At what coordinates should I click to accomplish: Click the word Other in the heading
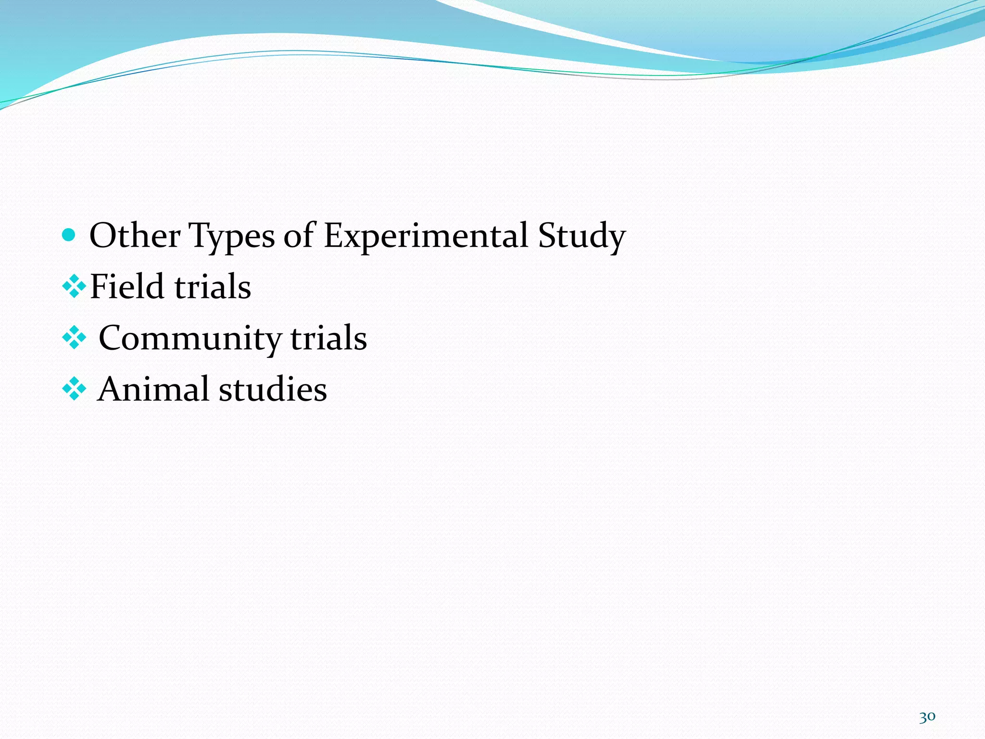point(135,236)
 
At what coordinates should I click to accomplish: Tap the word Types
point(232,237)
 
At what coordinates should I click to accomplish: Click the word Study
point(581,237)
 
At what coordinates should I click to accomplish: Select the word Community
point(189,339)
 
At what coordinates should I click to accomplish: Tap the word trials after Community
point(328,338)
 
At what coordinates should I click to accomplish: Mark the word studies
point(273,389)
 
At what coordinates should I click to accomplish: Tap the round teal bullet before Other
point(69,235)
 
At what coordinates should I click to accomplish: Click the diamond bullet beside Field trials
point(74,287)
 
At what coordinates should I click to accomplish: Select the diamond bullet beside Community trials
point(74,338)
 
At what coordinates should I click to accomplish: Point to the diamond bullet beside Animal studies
point(74,389)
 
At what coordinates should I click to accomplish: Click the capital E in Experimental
point(334,236)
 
